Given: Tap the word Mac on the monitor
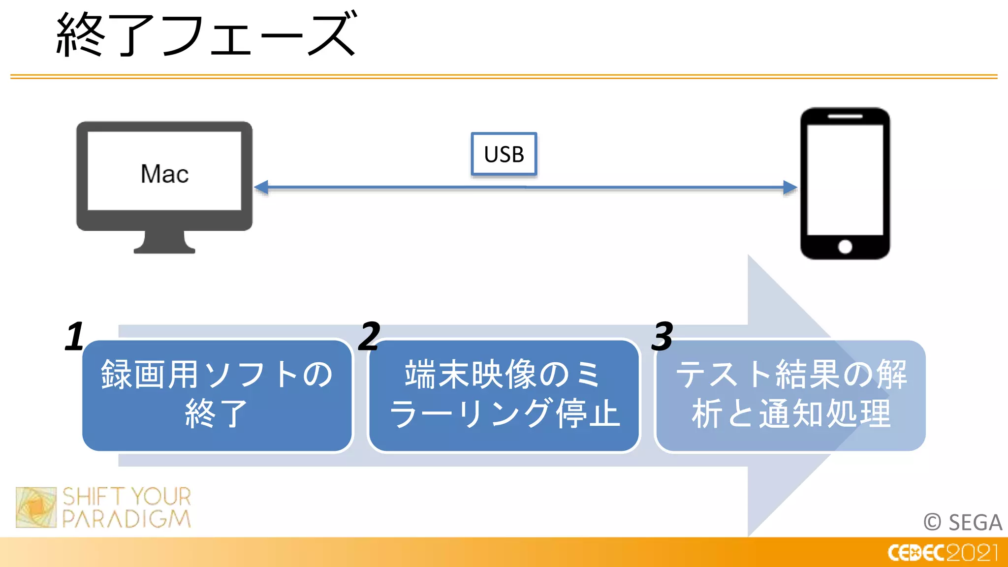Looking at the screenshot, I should [x=164, y=174].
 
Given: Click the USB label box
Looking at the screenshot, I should [x=504, y=154].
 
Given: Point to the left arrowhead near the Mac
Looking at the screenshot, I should [x=261, y=188].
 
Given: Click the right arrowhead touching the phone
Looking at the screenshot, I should [x=789, y=188].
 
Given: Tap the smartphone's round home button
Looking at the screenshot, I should [x=845, y=247].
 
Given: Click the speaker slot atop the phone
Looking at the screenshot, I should [x=845, y=117].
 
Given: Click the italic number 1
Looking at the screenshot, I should [x=75, y=337].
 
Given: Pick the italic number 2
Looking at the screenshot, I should [x=369, y=337].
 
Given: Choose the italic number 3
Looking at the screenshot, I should [x=662, y=337].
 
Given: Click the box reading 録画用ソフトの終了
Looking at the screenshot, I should [x=217, y=395].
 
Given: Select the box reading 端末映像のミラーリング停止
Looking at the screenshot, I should [x=504, y=395].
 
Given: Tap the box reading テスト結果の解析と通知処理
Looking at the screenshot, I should [x=790, y=395].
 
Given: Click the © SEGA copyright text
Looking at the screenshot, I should [x=963, y=522].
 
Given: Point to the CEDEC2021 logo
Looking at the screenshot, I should [x=942, y=553].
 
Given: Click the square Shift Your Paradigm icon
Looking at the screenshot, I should [x=36, y=507].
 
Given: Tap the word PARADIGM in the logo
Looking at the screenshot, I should [x=126, y=519].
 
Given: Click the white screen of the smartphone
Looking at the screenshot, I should [x=845, y=180].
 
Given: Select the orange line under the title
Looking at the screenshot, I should [x=504, y=77].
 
